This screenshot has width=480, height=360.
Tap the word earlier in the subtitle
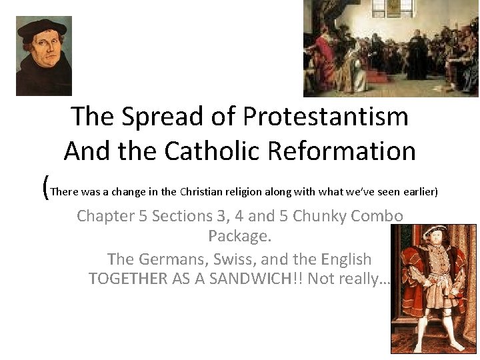click(418, 192)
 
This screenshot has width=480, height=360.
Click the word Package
click(239, 236)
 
